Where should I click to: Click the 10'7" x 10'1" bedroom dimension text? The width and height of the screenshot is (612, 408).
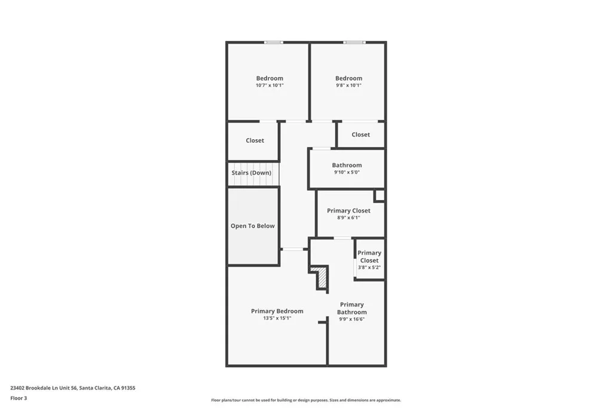pos(269,85)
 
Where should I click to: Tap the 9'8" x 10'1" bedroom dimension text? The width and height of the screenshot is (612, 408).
pos(348,85)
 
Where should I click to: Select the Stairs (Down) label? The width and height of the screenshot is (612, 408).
pos(251,173)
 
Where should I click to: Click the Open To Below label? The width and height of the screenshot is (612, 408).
pos(253,226)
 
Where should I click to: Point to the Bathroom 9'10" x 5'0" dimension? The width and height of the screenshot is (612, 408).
pos(347,173)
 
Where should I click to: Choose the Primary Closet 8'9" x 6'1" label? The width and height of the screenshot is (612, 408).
pos(348,211)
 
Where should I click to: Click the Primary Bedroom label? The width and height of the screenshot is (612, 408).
pos(277,311)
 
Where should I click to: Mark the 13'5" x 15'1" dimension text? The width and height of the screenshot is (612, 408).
pos(277,318)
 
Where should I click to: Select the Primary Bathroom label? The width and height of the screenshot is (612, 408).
pos(351,308)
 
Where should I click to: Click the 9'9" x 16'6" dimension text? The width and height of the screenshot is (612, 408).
pos(351,319)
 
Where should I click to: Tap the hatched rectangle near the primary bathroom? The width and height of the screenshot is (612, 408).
pos(322,278)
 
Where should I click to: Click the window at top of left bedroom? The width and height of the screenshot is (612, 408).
pos(274,42)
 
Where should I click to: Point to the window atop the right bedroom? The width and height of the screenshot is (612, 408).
pos(353,42)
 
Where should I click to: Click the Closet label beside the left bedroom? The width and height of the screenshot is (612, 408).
pos(255,140)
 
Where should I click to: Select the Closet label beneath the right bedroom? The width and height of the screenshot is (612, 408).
pos(360,134)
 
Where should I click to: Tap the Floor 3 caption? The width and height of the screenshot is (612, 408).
pos(19,398)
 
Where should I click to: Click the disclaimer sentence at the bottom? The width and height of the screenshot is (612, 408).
pos(305,400)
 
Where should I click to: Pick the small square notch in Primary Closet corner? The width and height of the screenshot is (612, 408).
pos(379,195)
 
